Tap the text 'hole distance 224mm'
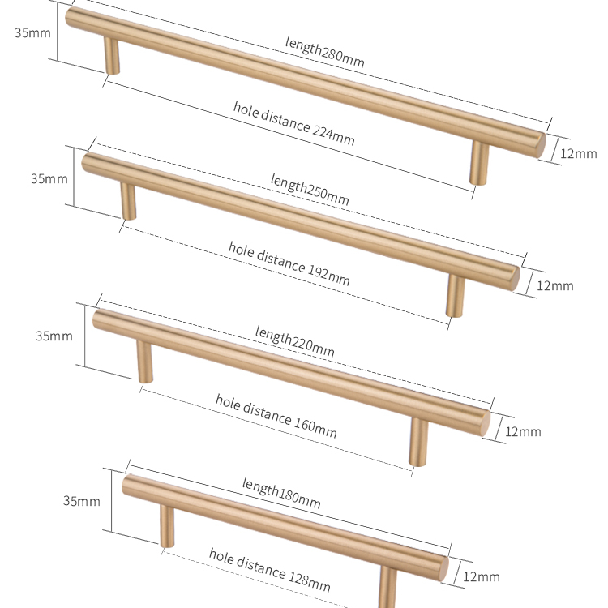[293, 123]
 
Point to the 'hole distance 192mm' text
[289, 263]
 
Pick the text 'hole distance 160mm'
[276, 414]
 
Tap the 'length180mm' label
[280, 493]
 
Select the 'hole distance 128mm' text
[269, 569]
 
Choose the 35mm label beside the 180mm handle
[82, 501]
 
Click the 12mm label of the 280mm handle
[579, 153]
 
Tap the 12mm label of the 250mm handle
[555, 285]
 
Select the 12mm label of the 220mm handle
[523, 431]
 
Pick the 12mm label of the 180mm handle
[482, 576]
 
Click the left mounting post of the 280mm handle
[110, 57]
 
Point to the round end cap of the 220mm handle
[482, 421]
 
